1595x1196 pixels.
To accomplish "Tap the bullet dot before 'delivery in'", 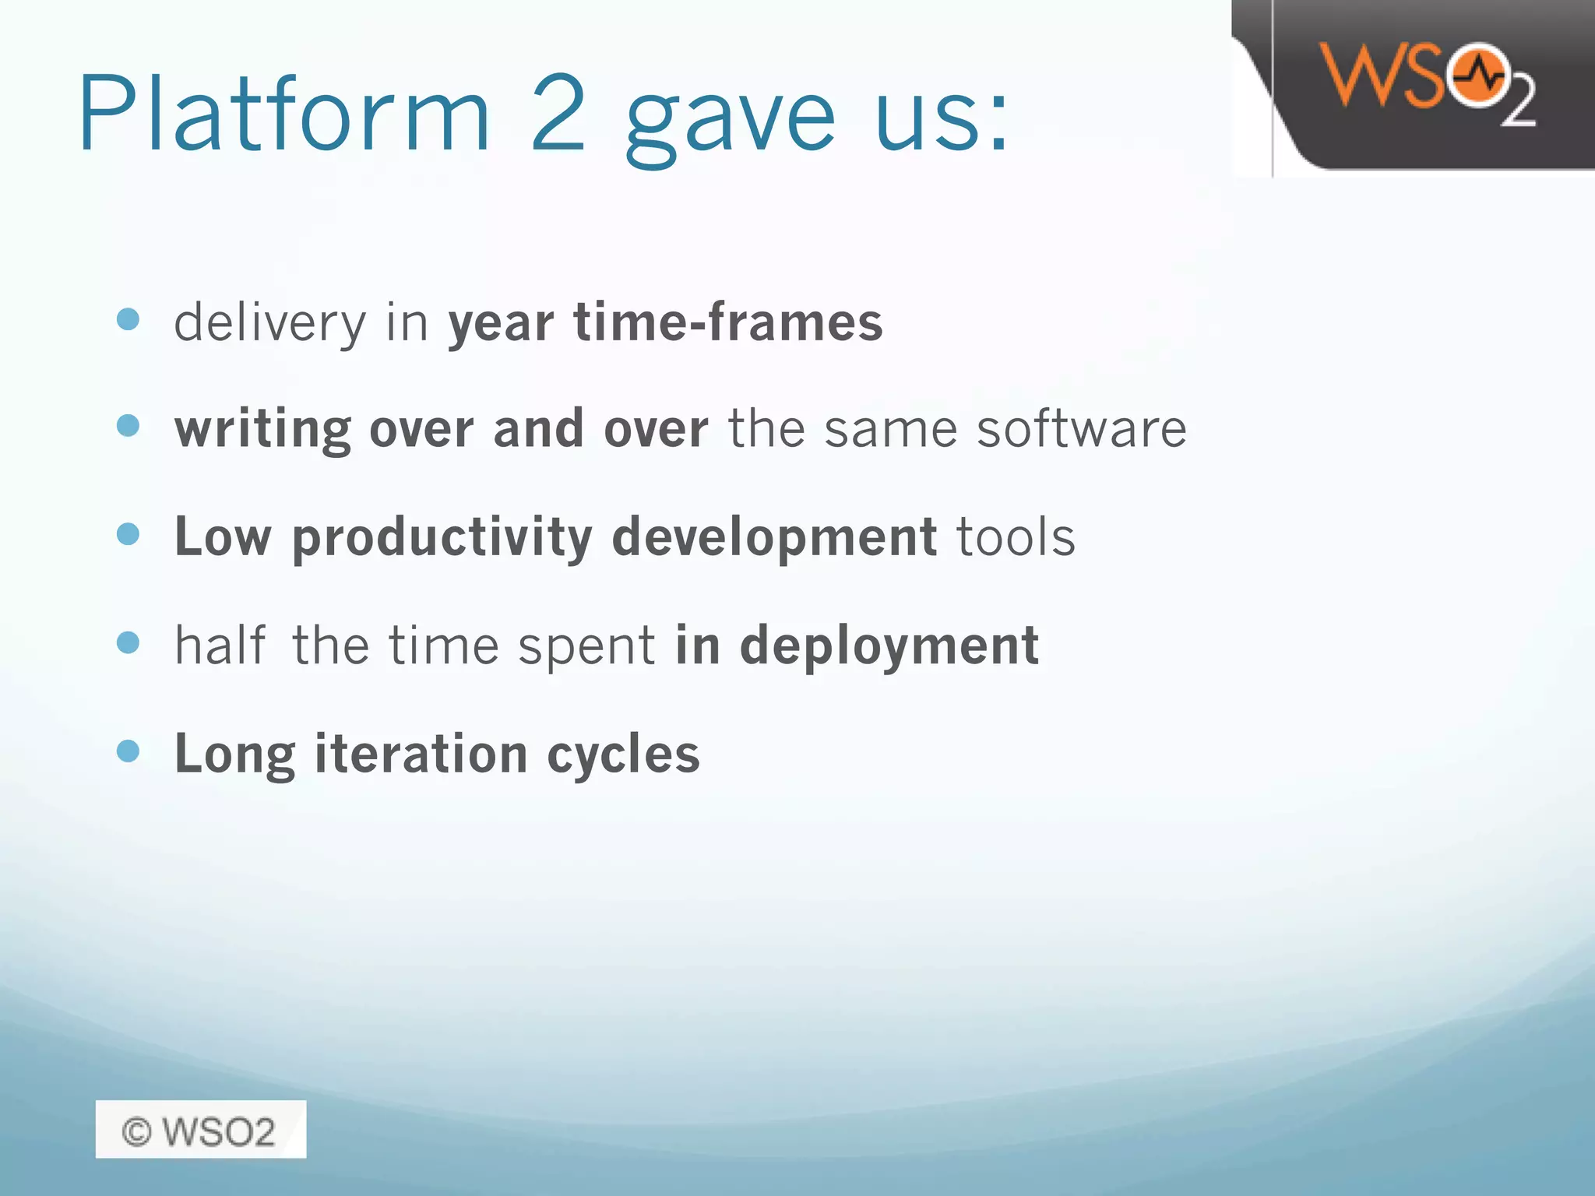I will click(128, 319).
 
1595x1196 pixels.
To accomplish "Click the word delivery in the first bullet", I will click(269, 323).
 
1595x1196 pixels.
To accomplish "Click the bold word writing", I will click(262, 430).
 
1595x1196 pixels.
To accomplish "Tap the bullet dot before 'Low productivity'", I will click(128, 534).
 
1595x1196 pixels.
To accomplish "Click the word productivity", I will click(442, 539).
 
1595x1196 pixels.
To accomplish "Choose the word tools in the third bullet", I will click(1016, 537).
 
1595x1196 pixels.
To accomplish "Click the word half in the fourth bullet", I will click(220, 645).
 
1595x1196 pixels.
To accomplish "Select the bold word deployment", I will click(889, 647).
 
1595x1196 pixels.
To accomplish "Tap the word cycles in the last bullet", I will click(623, 755).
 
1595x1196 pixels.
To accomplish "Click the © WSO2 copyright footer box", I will click(200, 1130).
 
